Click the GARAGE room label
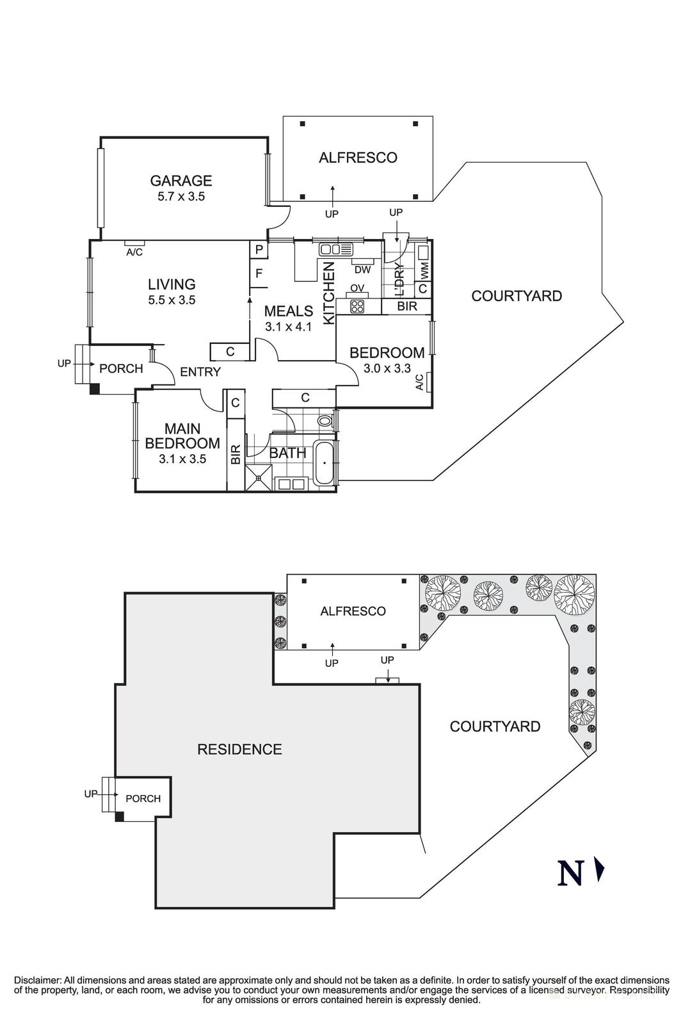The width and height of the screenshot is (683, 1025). point(181,181)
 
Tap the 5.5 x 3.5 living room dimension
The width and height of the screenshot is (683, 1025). point(172,300)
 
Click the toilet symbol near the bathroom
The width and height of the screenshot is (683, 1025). point(326,421)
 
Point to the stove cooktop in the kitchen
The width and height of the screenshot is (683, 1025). point(357,306)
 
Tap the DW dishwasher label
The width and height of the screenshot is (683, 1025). point(362,270)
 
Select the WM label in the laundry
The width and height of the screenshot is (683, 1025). point(424,270)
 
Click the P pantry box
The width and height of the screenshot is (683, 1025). point(259,249)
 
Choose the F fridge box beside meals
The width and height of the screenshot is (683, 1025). point(259,274)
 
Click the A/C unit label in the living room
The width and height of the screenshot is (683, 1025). point(134,252)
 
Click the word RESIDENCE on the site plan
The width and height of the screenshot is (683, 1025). point(239,749)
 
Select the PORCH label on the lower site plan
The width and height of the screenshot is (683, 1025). point(143,798)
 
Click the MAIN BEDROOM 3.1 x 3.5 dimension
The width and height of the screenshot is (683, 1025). point(182,459)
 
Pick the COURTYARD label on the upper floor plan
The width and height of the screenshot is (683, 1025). point(517,296)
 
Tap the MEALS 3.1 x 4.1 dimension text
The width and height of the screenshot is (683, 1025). point(288,327)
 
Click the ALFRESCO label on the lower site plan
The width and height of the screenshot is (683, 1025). point(353,611)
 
